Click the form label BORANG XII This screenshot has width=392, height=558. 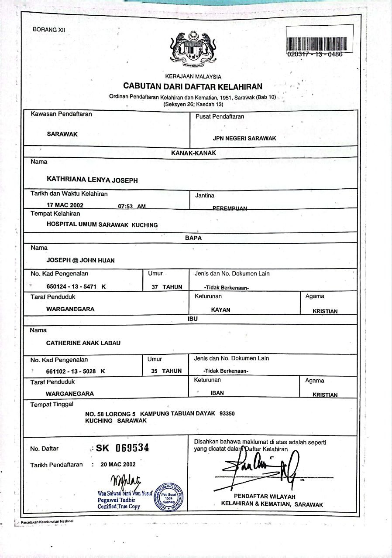point(49,30)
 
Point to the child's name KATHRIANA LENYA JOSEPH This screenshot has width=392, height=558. point(92,180)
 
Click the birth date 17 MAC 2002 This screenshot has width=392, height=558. point(65,204)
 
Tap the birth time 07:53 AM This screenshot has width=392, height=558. point(132,206)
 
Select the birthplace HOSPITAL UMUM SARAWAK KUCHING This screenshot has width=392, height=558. point(102,225)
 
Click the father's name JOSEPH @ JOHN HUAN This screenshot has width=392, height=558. point(81,260)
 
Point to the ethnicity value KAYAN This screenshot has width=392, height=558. point(220,310)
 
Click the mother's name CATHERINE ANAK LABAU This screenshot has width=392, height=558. point(83,343)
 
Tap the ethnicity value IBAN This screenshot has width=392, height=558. point(217,393)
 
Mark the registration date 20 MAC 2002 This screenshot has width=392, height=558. point(118,464)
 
